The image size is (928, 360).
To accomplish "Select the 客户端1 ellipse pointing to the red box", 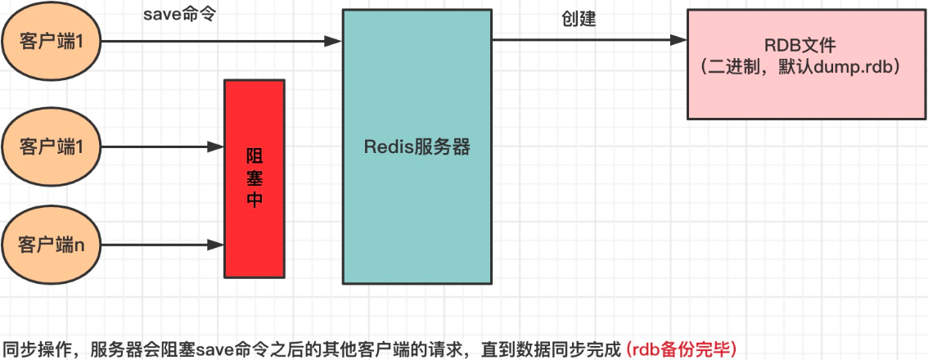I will [52, 147].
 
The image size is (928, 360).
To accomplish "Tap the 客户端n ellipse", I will [52, 244].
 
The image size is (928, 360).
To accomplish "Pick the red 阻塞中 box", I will [255, 178].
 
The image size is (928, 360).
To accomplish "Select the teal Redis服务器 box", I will [417, 147].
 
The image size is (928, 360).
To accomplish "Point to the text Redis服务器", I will [417, 147].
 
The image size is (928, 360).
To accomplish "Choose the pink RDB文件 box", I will [798, 63].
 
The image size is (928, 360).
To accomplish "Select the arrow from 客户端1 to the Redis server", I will [221, 40].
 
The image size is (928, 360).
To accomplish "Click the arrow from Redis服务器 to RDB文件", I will [589, 40].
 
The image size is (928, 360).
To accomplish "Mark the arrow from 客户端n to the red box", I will [164, 244].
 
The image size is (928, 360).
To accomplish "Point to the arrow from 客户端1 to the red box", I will [164, 147].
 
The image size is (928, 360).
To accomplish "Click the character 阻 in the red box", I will [255, 155].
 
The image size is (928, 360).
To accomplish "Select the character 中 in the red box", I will [255, 200].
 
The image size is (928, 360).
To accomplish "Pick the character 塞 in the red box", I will [255, 178].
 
